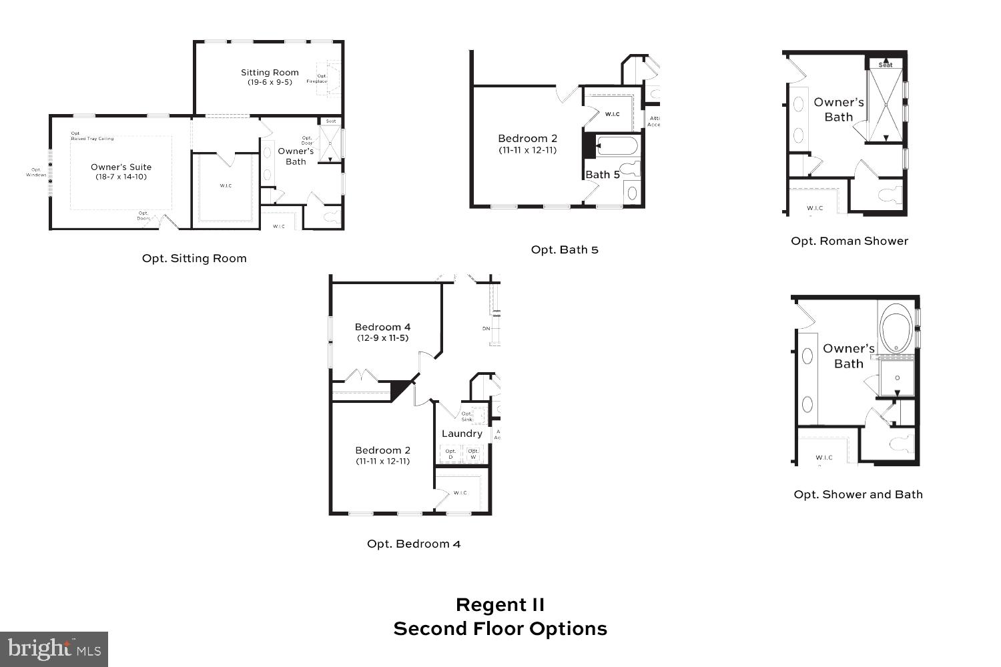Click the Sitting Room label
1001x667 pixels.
(x=270, y=72)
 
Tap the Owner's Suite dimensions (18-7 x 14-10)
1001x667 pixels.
(x=121, y=177)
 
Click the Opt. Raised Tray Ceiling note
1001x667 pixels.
(x=92, y=136)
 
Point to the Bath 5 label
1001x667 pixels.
(x=602, y=175)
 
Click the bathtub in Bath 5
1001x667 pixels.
(x=617, y=145)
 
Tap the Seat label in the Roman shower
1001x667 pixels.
(x=885, y=65)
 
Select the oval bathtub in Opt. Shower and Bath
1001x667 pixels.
(x=897, y=328)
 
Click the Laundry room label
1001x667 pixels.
(x=462, y=434)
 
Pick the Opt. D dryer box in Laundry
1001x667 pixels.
(x=450, y=454)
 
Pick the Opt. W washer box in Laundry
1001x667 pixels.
(x=473, y=454)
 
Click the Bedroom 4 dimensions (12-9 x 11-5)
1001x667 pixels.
(x=382, y=338)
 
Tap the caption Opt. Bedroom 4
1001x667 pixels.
(x=414, y=544)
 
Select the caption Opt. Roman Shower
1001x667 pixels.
(x=850, y=241)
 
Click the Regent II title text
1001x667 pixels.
(x=500, y=605)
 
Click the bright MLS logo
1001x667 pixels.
(x=54, y=648)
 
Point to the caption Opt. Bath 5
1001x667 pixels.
(x=565, y=249)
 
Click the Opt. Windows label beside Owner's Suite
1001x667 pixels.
(x=36, y=172)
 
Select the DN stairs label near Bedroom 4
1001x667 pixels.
(x=486, y=328)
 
